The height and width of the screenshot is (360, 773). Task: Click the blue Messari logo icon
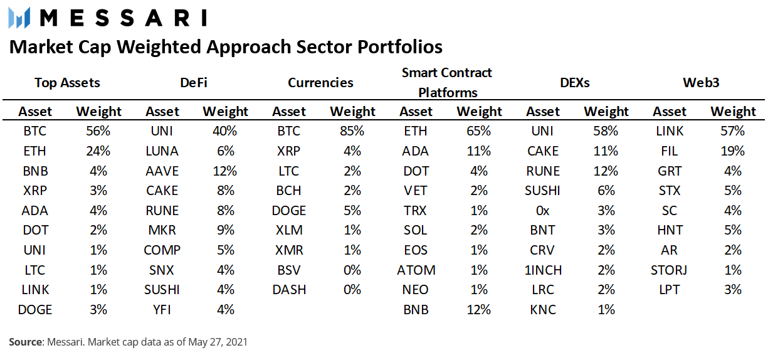(x=19, y=18)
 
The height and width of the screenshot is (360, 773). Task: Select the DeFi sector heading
(x=194, y=83)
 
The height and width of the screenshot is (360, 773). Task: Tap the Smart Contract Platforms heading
(x=447, y=83)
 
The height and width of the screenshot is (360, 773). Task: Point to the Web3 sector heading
(x=701, y=83)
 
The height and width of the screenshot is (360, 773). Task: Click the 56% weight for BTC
(x=98, y=131)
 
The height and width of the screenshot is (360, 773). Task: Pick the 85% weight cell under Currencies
(x=352, y=131)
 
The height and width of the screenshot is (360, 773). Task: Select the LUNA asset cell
(x=162, y=151)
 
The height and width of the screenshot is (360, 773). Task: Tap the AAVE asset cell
(x=162, y=171)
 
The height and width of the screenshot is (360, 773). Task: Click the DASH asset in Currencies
(x=289, y=290)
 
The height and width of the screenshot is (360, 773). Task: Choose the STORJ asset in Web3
(x=669, y=270)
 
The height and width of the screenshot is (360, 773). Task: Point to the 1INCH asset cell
(x=543, y=270)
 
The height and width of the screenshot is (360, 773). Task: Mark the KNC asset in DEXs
(x=543, y=310)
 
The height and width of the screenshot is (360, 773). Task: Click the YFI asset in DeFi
(x=162, y=310)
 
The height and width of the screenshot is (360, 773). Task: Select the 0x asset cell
(x=543, y=211)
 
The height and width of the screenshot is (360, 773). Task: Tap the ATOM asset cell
(x=416, y=270)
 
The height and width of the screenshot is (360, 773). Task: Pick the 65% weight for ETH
(x=478, y=131)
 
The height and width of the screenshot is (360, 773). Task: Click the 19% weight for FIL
(x=733, y=151)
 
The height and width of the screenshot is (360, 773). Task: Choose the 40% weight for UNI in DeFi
(x=225, y=131)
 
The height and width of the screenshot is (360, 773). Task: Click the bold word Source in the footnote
(x=26, y=342)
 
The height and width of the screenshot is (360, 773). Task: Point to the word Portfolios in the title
(x=400, y=47)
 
